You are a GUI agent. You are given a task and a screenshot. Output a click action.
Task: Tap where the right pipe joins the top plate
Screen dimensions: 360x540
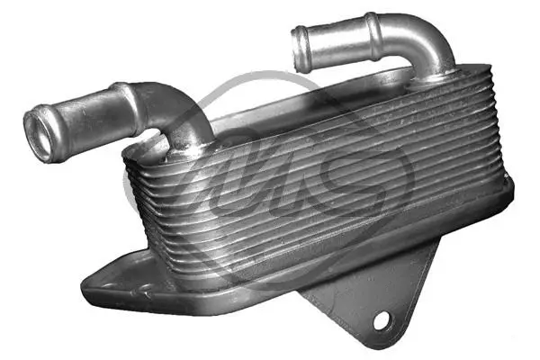(x=436, y=77)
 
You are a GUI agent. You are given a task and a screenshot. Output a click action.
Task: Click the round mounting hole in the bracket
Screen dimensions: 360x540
(x=382, y=319)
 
